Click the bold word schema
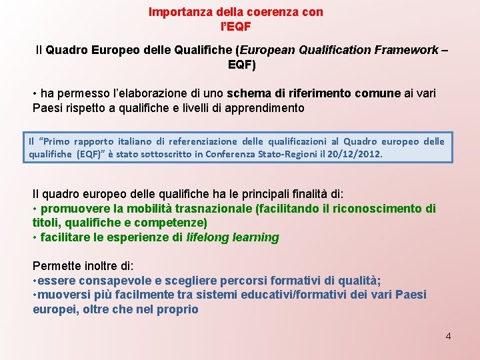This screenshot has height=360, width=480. (249, 93)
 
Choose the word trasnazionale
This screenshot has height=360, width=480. (209, 209)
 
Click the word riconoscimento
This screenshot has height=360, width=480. (379, 209)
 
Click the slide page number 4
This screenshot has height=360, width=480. (448, 336)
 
